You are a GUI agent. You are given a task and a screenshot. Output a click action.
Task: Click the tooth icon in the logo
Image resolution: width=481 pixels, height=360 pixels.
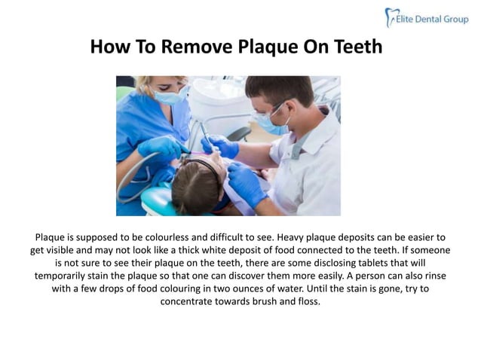[x=391, y=17]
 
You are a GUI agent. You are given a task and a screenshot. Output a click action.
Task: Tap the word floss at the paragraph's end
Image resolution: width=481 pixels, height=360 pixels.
[x=306, y=303]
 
